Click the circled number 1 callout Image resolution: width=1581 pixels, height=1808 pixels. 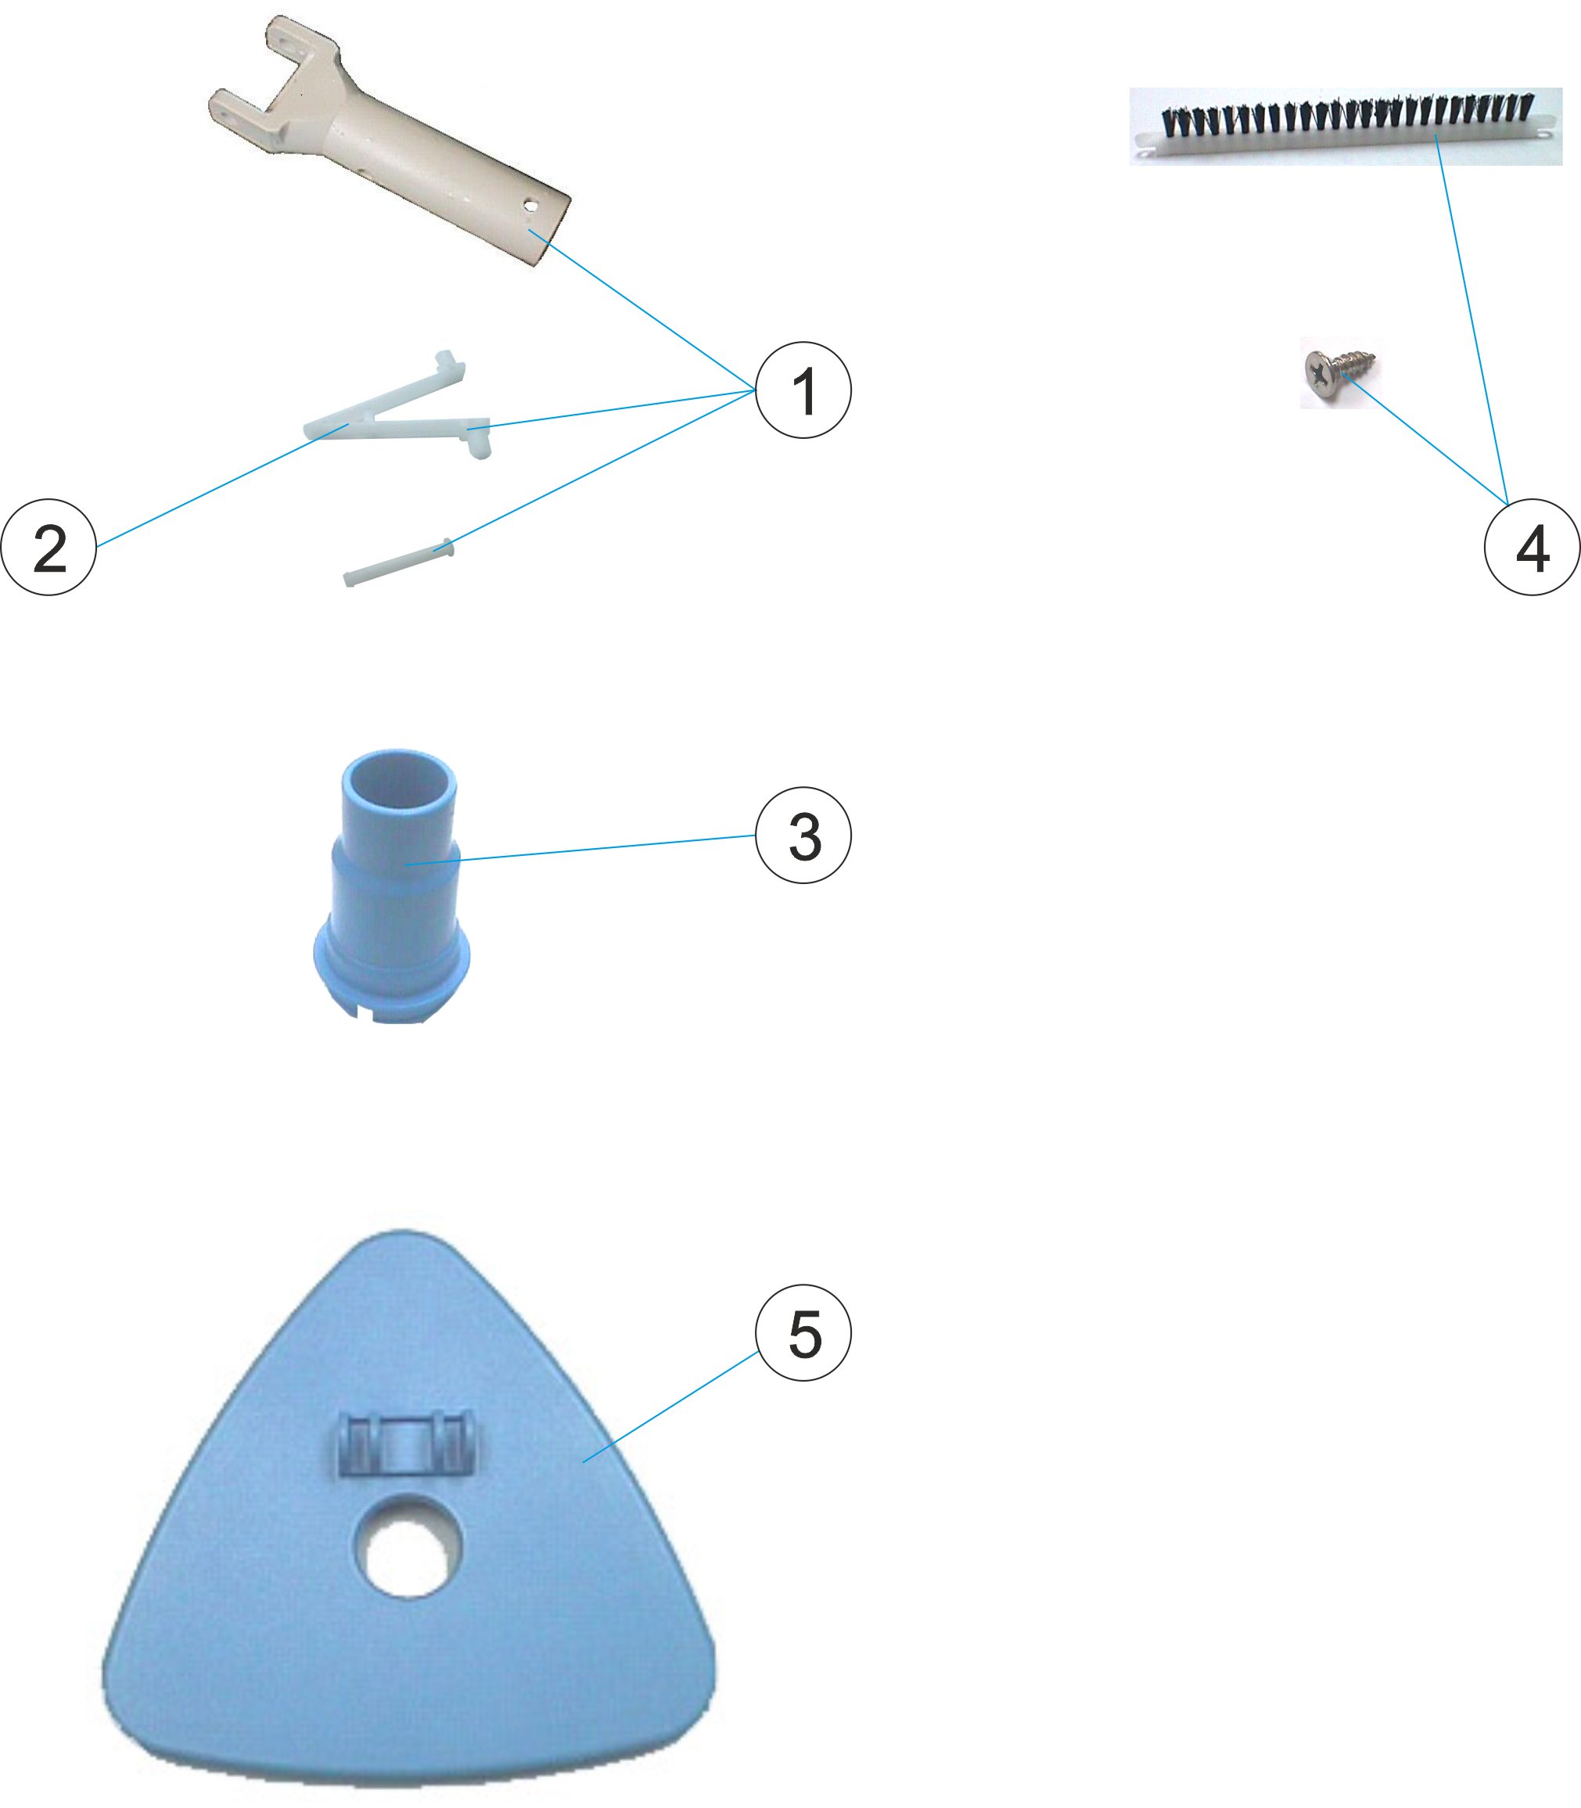coord(803,390)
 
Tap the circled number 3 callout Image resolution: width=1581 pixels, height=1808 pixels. coord(803,835)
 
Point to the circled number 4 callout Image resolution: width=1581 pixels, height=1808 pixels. coord(1532,547)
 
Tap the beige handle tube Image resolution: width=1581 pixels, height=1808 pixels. coord(388,141)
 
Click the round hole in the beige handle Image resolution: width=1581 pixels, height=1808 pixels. coord(531,205)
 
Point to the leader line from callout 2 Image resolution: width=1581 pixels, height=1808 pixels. coord(221,485)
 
